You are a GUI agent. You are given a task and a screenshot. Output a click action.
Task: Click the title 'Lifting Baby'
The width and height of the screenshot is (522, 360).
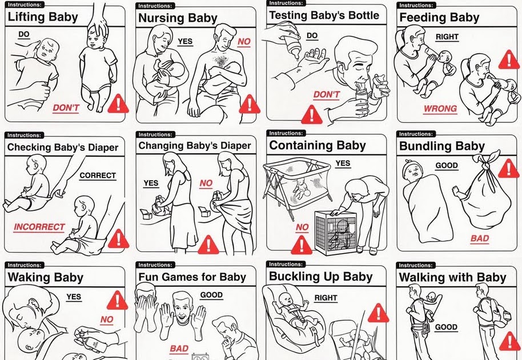[x=43, y=17]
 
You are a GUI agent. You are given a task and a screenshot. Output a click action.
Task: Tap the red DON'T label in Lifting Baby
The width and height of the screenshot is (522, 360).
[x=66, y=107]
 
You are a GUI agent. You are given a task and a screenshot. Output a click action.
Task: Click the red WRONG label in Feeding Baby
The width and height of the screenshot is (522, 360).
[x=440, y=109]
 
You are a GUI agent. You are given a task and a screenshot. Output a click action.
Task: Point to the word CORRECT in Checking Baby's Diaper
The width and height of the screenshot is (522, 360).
[x=97, y=175]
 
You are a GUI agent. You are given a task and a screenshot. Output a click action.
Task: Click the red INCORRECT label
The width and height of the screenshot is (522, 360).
[x=39, y=227]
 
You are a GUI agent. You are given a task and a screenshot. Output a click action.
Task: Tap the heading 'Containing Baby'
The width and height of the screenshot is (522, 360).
[x=318, y=145]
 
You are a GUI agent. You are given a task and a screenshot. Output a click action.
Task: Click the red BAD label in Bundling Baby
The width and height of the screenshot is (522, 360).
[x=480, y=238]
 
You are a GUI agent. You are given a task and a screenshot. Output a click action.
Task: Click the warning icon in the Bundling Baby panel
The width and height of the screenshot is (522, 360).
[x=508, y=168]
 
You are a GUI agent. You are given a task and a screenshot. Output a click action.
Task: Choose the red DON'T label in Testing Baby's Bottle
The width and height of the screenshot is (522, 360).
[x=326, y=95]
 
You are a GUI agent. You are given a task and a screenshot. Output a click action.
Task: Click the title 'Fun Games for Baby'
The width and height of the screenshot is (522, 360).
[x=192, y=277]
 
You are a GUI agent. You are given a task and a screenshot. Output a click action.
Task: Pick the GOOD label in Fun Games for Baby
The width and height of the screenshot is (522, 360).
[x=211, y=295]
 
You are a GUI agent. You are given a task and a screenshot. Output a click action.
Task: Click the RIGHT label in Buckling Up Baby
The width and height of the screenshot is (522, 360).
[x=326, y=298]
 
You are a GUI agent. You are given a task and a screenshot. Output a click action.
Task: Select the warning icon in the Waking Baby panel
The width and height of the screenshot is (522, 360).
[x=117, y=298]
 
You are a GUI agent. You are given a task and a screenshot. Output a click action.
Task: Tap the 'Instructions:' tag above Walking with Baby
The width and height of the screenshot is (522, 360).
[x=416, y=265]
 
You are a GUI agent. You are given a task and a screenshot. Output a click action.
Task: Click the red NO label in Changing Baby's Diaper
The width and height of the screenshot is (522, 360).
[x=206, y=183]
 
